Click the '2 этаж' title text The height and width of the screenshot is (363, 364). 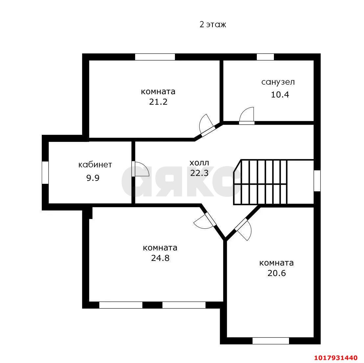[213, 24]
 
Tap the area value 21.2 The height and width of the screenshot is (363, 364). [158, 102]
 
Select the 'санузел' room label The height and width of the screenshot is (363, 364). [278, 82]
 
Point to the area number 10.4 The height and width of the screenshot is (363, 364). [280, 95]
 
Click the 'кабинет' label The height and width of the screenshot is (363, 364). [95, 165]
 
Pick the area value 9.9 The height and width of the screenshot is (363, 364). [93, 178]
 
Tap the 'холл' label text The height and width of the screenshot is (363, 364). [199, 163]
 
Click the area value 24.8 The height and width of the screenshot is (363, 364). [160, 258]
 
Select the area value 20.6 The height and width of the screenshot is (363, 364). [277, 273]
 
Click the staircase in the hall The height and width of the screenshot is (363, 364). [260, 182]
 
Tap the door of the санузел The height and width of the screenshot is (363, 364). [247, 116]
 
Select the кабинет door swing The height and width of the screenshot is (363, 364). [140, 169]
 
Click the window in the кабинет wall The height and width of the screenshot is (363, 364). [45, 173]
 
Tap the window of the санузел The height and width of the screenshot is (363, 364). [265, 57]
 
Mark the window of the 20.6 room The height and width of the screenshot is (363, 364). [271, 341]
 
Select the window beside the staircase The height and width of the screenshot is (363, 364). [317, 181]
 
